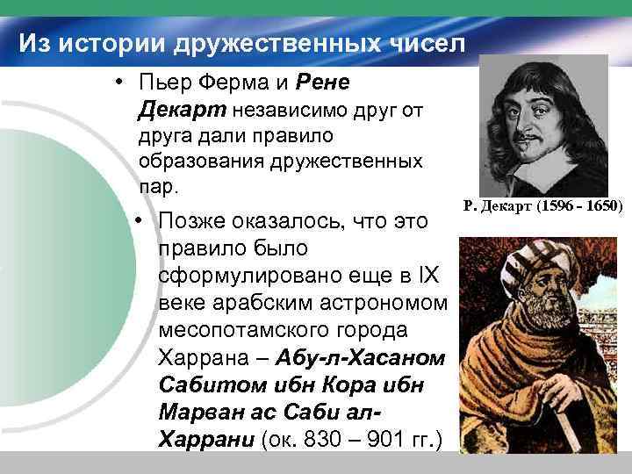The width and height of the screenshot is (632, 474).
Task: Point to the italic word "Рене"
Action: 324,84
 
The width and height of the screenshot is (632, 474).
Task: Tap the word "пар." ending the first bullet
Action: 158,187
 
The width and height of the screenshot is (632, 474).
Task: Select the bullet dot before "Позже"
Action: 140,219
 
